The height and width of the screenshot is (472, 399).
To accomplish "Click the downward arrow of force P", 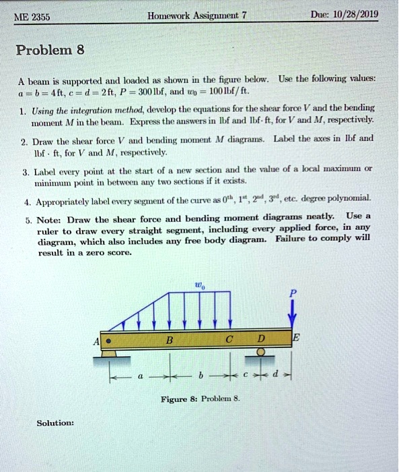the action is (292, 312).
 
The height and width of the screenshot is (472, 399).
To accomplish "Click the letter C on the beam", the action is (229, 339).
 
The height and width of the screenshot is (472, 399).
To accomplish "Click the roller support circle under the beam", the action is (261, 352).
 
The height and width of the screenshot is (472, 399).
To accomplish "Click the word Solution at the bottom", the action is (55, 423).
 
